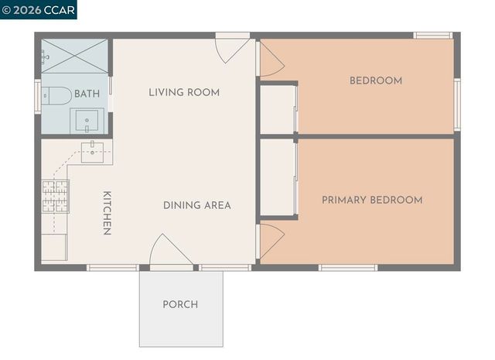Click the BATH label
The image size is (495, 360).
87,94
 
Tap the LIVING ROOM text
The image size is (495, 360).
184,92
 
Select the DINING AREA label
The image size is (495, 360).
196,205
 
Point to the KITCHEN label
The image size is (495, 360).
108,213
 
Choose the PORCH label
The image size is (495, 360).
180,304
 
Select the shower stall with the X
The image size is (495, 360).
74,56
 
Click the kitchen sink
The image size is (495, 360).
92,151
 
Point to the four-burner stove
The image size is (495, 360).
55,196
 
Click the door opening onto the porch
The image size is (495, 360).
170,252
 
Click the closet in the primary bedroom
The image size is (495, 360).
277,177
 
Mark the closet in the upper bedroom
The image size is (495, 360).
278,108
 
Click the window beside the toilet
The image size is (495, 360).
37,97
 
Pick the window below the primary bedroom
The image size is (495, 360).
348,268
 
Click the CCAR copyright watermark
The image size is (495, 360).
39,10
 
